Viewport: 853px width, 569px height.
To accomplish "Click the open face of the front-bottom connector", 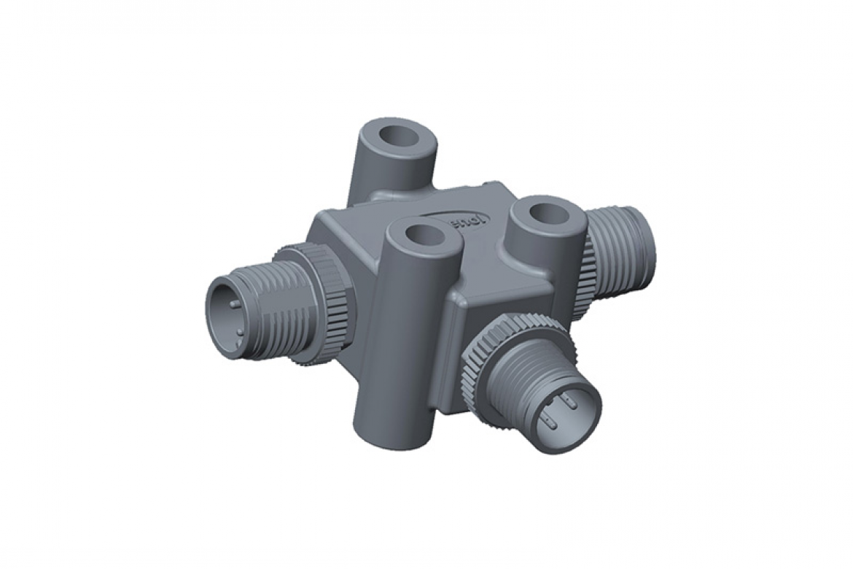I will click(x=566, y=415).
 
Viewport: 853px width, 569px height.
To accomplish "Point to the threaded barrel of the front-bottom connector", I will click(x=525, y=379).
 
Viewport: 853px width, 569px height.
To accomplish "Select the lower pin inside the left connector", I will click(x=236, y=327).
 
